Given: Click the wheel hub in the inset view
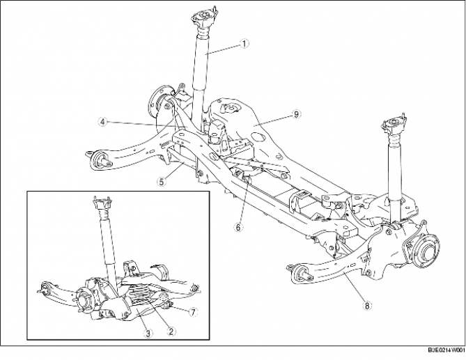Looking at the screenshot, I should point(84,299).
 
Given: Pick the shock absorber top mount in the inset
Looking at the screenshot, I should point(102,203).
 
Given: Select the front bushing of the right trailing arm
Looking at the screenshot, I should point(295,271).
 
